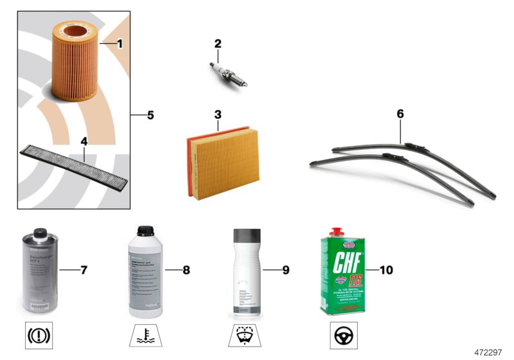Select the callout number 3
coord(218,115)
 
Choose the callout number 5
coord(150,116)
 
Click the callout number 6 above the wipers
coord(400,114)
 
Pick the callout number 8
coord(186,270)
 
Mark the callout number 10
coord(387,270)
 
